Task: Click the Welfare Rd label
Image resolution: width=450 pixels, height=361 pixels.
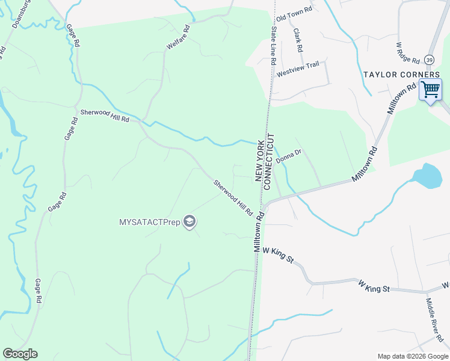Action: coord(178,37)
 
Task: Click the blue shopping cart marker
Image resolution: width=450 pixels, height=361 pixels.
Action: coord(430,90)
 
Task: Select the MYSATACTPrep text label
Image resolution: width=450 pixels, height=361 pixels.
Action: coord(149,222)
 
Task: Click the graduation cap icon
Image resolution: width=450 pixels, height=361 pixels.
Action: coord(190,222)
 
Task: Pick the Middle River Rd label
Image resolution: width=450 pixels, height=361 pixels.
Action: coord(434,318)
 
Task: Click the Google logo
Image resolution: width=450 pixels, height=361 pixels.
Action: coord(20,354)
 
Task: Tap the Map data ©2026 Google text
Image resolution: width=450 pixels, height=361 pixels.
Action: coord(412,356)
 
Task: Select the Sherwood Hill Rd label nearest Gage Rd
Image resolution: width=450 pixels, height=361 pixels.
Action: coord(105,116)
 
